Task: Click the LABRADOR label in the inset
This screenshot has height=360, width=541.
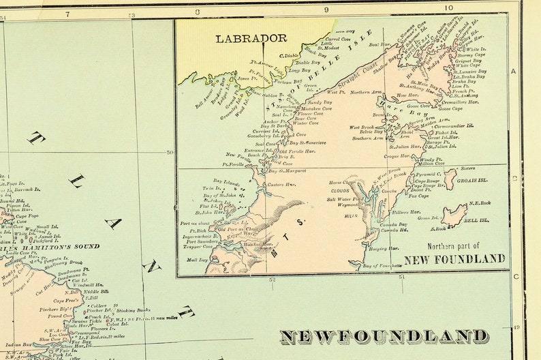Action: pos(251,39)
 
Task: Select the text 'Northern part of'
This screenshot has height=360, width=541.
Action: pos(454,246)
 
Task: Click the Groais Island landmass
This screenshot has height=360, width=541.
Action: pos(450,179)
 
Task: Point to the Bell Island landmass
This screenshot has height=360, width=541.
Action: pos(454,215)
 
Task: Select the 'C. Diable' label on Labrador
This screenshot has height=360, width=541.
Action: pos(290,55)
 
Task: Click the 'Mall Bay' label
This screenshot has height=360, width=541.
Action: pos(196,260)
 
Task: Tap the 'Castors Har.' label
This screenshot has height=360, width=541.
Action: pos(279,185)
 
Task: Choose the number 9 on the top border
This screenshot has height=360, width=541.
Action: pos(326,10)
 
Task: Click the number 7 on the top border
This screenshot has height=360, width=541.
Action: pos(67,14)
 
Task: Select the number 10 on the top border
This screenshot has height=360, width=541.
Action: pos(448,8)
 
